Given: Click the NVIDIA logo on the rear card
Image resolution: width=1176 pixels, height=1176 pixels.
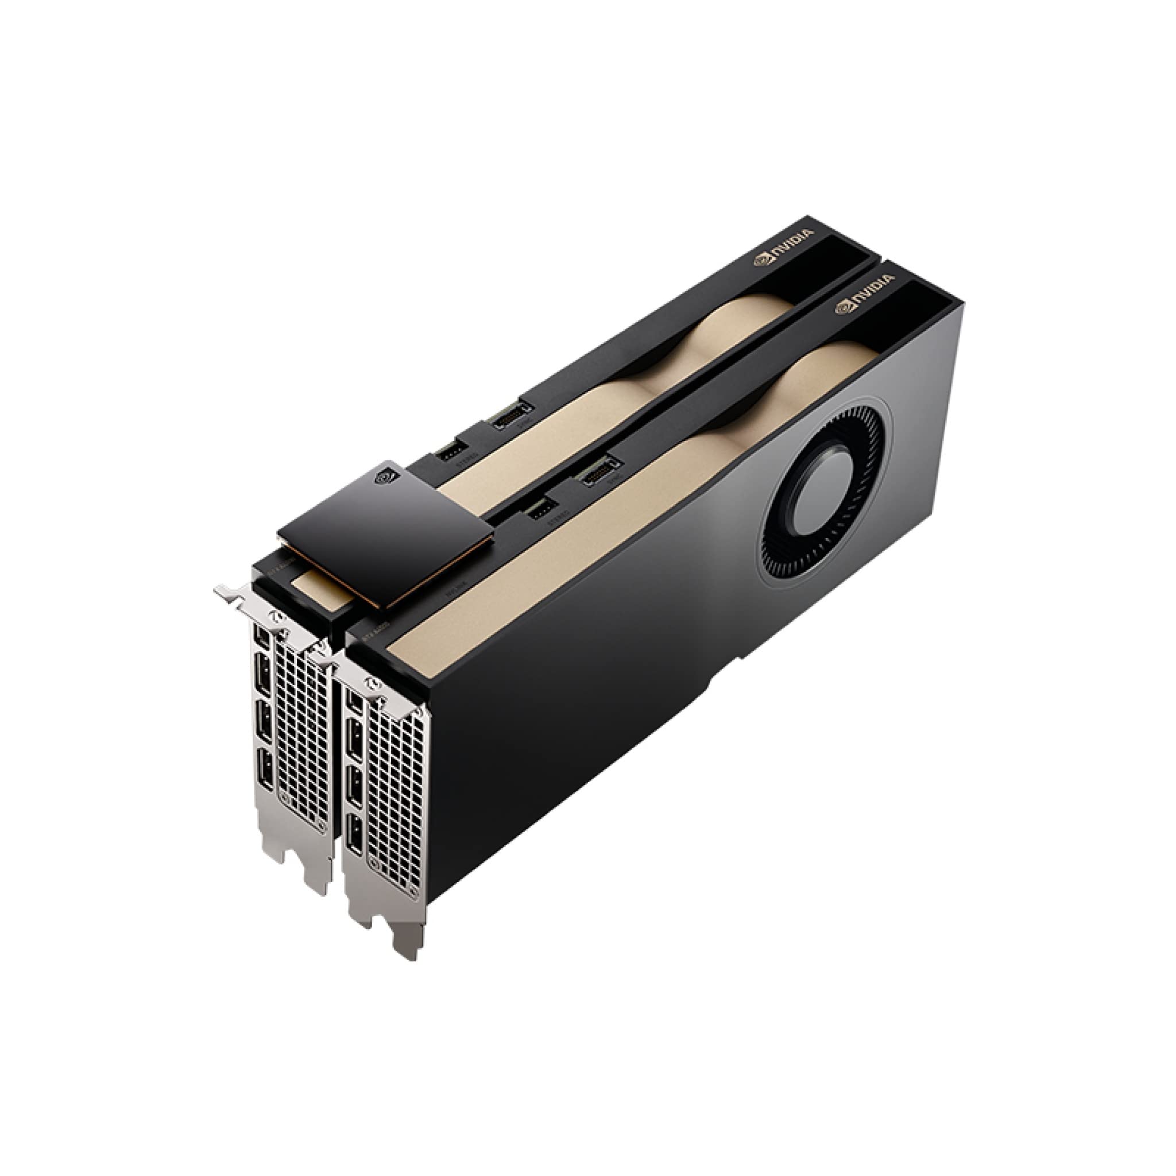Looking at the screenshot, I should [783, 247].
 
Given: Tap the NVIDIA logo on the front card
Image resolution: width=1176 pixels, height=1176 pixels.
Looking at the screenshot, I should [865, 293].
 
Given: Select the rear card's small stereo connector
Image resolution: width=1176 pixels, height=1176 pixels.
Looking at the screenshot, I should [452, 450].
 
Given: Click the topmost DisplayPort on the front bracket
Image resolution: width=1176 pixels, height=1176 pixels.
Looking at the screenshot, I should [353, 703].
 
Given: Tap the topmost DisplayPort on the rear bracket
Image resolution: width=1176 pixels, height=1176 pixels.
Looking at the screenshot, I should [262, 637].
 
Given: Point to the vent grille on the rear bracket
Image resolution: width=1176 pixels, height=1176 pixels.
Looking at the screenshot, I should [303, 737].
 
